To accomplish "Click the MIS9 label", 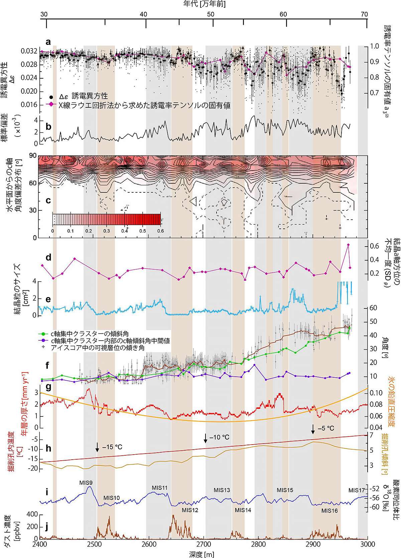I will coord(86,482).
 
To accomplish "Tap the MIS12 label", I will coord(190,510).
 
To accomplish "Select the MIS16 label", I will coord(329,510).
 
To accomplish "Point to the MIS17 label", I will coord(357,490).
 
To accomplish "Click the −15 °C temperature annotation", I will coord(112,447).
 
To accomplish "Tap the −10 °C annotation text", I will coord(219,437).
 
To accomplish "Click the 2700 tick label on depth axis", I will coord(204,544).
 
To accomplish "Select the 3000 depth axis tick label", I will coord(368,544).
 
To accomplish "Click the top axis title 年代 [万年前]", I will coord(204,4).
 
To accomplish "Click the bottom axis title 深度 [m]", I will coord(202,554).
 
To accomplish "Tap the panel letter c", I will coord(48,200).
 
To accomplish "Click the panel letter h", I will coord(48,448).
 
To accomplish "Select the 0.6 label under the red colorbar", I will coord(160,231).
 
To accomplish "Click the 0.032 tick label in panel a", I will coord(29,51).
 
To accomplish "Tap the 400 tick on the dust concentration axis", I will coord(32,515).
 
